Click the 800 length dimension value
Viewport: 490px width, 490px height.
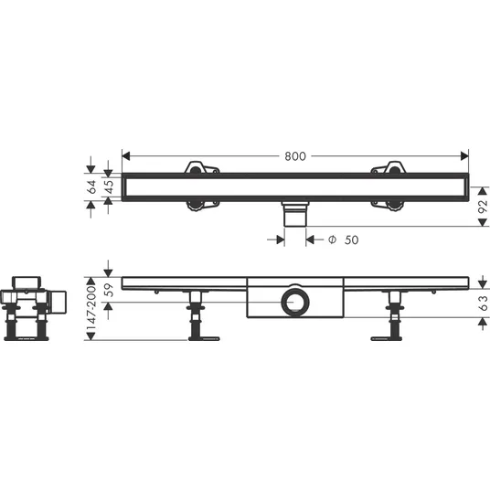click(295, 156)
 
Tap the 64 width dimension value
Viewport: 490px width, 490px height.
click(92, 186)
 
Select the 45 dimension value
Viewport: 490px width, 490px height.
click(109, 186)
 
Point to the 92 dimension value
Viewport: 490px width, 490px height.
click(483, 207)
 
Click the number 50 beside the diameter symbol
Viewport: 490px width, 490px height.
click(352, 240)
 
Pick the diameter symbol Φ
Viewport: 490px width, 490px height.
click(332, 240)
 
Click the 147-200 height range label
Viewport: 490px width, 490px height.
click(91, 308)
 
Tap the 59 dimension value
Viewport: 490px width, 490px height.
click(109, 290)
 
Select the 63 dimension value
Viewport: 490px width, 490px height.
click(483, 303)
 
